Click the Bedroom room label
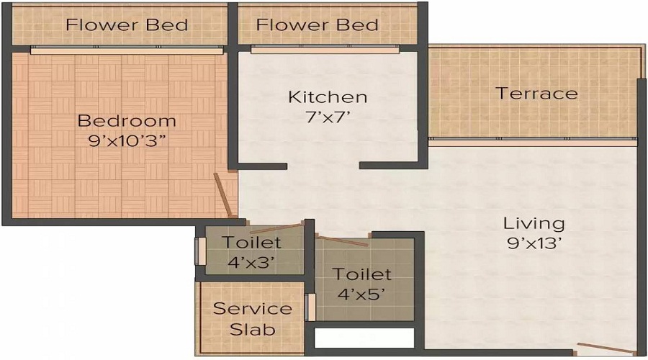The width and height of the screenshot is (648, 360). pyautogui.click(x=127, y=120)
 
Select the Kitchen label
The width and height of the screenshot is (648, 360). pyautogui.click(x=328, y=96)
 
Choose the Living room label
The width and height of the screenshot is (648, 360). pyautogui.click(x=534, y=223)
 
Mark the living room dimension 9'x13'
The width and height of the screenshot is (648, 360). pyautogui.click(x=534, y=243)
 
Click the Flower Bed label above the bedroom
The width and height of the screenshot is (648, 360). pyautogui.click(x=127, y=24)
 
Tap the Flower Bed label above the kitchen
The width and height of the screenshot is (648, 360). pyautogui.click(x=318, y=24)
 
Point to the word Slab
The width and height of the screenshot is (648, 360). pyautogui.click(x=252, y=330)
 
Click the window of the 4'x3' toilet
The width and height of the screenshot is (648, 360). pyautogui.click(x=201, y=252)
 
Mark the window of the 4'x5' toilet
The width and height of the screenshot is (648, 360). pyautogui.click(x=311, y=307)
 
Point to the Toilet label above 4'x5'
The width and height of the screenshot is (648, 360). pyautogui.click(x=362, y=274)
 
